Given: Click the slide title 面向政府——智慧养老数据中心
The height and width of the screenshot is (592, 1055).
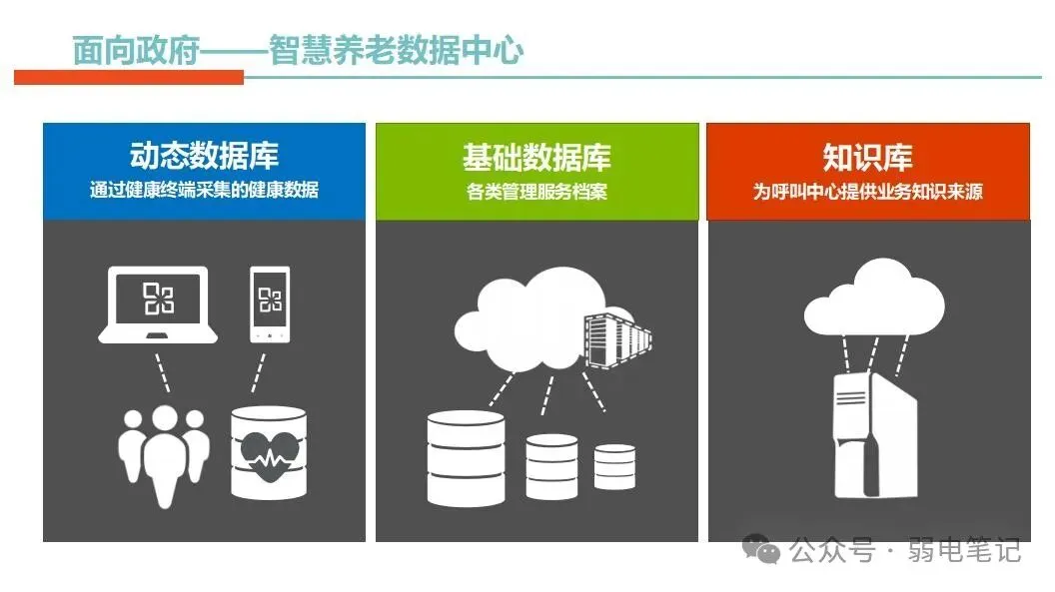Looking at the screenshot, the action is coord(298,51).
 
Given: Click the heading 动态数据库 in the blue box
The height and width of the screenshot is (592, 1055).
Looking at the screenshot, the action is coord(204,156).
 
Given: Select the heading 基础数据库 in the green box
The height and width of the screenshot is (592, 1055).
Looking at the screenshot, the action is coord(536,157).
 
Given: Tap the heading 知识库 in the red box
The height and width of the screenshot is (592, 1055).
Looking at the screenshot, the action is coord(867,157).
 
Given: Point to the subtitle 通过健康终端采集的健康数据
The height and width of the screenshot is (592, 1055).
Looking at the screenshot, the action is coord(204,190).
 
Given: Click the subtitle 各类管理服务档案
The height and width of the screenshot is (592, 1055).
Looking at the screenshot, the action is coord(536,191).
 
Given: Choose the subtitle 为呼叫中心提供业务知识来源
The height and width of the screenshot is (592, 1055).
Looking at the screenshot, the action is coord(867,191).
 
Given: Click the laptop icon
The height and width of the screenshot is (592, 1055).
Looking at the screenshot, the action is coord(158,305).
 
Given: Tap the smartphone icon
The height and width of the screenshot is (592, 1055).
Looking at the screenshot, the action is coord(269,303).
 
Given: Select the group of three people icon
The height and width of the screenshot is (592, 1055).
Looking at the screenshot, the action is coord(165,454).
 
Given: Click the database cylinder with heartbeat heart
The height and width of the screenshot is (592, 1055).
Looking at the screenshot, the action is coord(268,452).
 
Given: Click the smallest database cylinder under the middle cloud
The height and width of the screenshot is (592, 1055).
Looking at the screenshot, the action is coord(614,466).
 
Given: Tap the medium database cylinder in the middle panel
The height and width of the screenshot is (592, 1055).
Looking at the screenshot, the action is coord(551,465).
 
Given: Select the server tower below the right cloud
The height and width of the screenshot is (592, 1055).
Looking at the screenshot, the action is coord(874,434).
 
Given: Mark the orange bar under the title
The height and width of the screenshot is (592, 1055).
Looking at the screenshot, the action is coord(129,77).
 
